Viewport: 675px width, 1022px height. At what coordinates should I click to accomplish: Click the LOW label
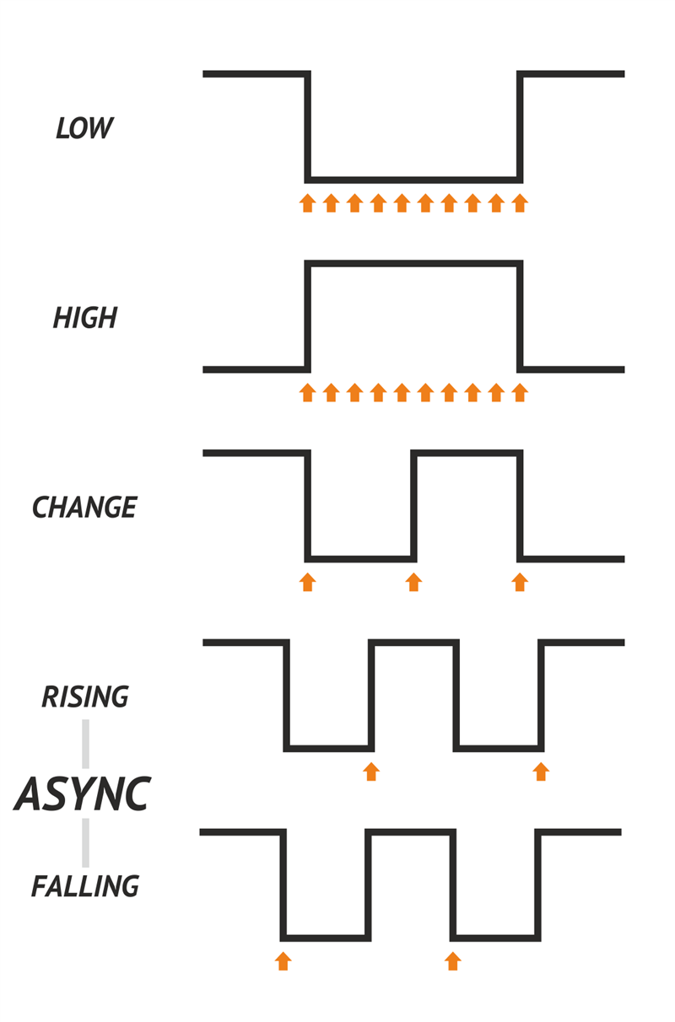(x=84, y=129)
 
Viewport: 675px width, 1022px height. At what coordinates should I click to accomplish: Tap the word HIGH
(x=85, y=318)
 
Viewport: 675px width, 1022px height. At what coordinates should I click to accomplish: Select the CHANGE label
(x=84, y=508)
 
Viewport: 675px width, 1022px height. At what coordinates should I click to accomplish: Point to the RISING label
(x=85, y=697)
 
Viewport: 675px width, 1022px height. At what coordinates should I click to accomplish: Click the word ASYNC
(x=83, y=793)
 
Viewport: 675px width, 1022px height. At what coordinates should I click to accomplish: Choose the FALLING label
(x=85, y=887)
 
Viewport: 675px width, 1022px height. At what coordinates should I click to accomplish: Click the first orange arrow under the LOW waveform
(x=307, y=202)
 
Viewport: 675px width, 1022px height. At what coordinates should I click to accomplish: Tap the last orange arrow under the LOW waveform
(x=520, y=202)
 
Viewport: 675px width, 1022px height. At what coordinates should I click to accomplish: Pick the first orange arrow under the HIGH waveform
(x=307, y=392)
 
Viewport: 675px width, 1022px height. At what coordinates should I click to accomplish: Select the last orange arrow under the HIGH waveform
(x=520, y=392)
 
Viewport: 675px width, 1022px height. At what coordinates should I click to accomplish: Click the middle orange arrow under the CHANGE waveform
(x=413, y=582)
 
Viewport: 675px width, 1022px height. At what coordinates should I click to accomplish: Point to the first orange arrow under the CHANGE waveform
(x=307, y=582)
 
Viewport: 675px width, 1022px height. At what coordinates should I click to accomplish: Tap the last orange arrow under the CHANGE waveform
(x=520, y=582)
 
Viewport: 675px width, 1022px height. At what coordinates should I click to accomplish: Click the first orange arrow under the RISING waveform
(x=370, y=771)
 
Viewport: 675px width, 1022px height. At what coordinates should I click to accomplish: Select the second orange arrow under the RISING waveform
(x=541, y=771)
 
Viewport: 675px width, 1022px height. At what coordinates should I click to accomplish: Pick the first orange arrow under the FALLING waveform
(x=283, y=960)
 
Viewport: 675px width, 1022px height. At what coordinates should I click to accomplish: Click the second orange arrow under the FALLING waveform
(x=453, y=960)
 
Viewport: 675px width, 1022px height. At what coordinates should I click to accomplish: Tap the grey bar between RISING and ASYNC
(x=85, y=743)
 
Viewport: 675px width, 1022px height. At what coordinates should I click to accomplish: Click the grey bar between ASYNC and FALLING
(x=85, y=842)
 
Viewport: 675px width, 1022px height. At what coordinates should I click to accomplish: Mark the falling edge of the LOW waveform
(x=308, y=126)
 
